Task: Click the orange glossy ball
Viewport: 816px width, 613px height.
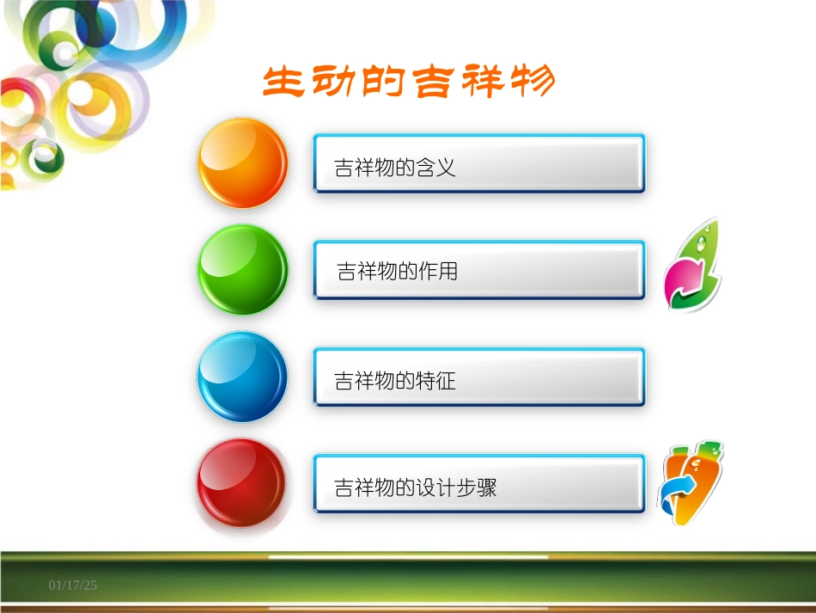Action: pos(243,162)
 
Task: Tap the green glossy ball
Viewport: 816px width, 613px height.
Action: pos(243,269)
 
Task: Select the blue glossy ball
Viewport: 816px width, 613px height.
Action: pos(243,377)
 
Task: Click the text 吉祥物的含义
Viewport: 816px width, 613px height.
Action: pos(395,168)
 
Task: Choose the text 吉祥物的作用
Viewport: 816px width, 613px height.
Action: pos(398,273)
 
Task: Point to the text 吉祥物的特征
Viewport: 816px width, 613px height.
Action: pos(395,381)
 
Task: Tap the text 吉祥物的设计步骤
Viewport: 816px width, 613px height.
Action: pos(416,488)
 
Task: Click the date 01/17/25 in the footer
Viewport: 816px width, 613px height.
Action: pos(73,585)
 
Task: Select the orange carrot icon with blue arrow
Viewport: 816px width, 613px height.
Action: pos(691,483)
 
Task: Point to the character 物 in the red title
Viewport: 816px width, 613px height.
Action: pos(531,83)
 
